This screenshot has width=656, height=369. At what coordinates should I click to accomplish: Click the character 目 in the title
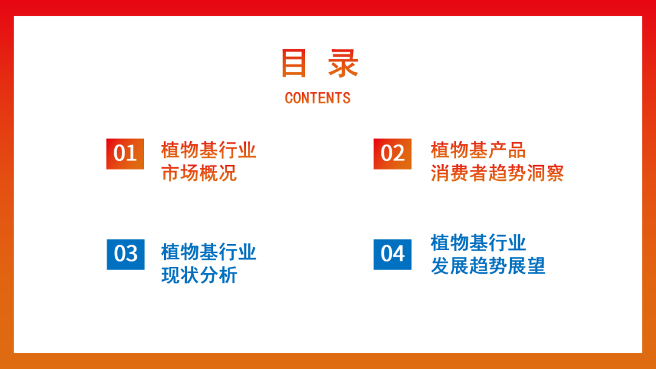pyautogui.click(x=294, y=63)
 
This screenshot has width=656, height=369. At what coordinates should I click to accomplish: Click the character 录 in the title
pyautogui.click(x=343, y=63)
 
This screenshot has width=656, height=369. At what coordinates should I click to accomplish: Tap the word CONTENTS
pyautogui.click(x=318, y=98)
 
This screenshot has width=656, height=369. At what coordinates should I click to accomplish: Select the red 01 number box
pyautogui.click(x=125, y=154)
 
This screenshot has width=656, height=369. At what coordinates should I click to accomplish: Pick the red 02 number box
pyautogui.click(x=392, y=154)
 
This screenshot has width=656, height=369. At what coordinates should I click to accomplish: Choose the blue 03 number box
pyautogui.click(x=126, y=254)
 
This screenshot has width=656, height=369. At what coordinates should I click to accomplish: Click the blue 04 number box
pyautogui.click(x=392, y=254)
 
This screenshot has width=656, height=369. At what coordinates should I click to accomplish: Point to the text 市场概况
pyautogui.click(x=199, y=173)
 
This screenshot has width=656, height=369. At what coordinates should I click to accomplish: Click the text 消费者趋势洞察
pyautogui.click(x=497, y=173)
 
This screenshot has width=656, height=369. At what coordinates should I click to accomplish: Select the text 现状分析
pyautogui.click(x=199, y=275)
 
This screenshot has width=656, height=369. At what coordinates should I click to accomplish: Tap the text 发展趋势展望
pyautogui.click(x=488, y=266)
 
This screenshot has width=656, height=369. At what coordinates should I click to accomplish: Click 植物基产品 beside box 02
pyautogui.click(x=478, y=150)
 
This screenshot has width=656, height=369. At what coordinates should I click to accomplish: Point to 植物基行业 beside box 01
pyautogui.click(x=208, y=150)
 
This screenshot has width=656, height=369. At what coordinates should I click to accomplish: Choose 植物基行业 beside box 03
pyautogui.click(x=208, y=252)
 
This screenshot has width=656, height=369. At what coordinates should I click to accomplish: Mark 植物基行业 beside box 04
pyautogui.click(x=478, y=243)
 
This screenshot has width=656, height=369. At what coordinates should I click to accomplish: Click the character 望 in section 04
pyautogui.click(x=536, y=266)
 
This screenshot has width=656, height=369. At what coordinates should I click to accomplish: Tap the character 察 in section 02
pyautogui.click(x=555, y=173)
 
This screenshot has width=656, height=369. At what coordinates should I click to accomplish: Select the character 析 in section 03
pyautogui.click(x=228, y=275)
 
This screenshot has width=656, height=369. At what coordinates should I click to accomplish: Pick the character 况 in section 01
pyautogui.click(x=228, y=173)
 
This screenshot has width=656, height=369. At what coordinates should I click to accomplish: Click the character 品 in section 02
pyautogui.click(x=517, y=150)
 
